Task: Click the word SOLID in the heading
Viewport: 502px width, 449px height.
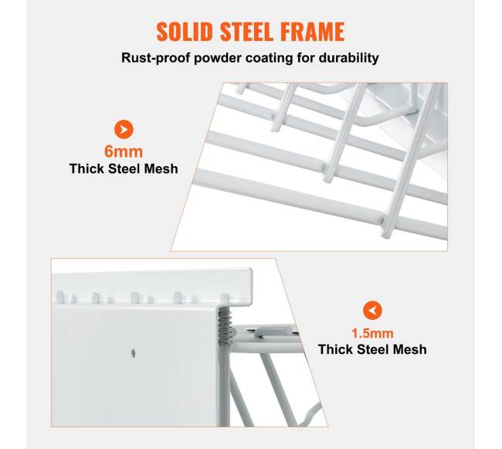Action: (185, 32)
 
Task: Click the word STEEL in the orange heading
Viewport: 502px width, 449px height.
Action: (246, 32)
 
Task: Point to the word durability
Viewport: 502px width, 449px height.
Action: (349, 58)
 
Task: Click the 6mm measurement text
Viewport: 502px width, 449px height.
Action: (124, 151)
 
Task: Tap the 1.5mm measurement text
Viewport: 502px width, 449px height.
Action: (372, 333)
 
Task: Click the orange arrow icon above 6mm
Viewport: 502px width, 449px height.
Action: (124, 129)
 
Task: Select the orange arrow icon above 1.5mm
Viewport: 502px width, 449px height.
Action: (372, 310)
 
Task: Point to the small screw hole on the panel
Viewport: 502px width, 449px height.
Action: (133, 353)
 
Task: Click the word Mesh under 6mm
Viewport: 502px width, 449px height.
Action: (161, 168)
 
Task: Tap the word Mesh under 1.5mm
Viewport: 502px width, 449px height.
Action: (410, 349)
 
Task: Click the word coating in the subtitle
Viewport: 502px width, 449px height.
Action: (269, 58)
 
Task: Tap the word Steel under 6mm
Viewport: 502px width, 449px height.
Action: (124, 168)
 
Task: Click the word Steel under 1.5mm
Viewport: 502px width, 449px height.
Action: (373, 349)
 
